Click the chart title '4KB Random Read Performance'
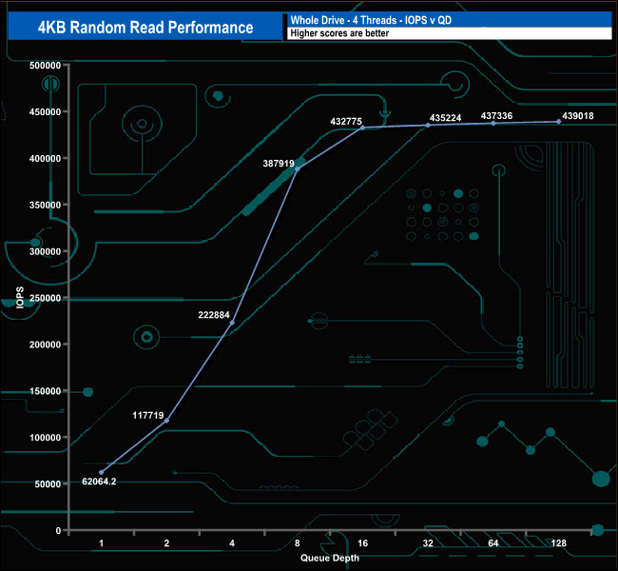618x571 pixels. pos(145,27)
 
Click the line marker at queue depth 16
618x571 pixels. pos(362,128)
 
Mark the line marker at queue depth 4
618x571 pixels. pos(232,323)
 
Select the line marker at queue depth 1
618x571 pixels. pos(101,472)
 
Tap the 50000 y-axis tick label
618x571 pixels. pos(47,483)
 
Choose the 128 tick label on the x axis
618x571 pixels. pos(558,542)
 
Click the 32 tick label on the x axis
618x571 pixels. pos(428,542)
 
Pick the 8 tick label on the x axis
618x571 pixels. pos(298,542)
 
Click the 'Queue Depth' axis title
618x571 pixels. pos(330,558)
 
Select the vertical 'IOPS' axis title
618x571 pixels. pos(20,298)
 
